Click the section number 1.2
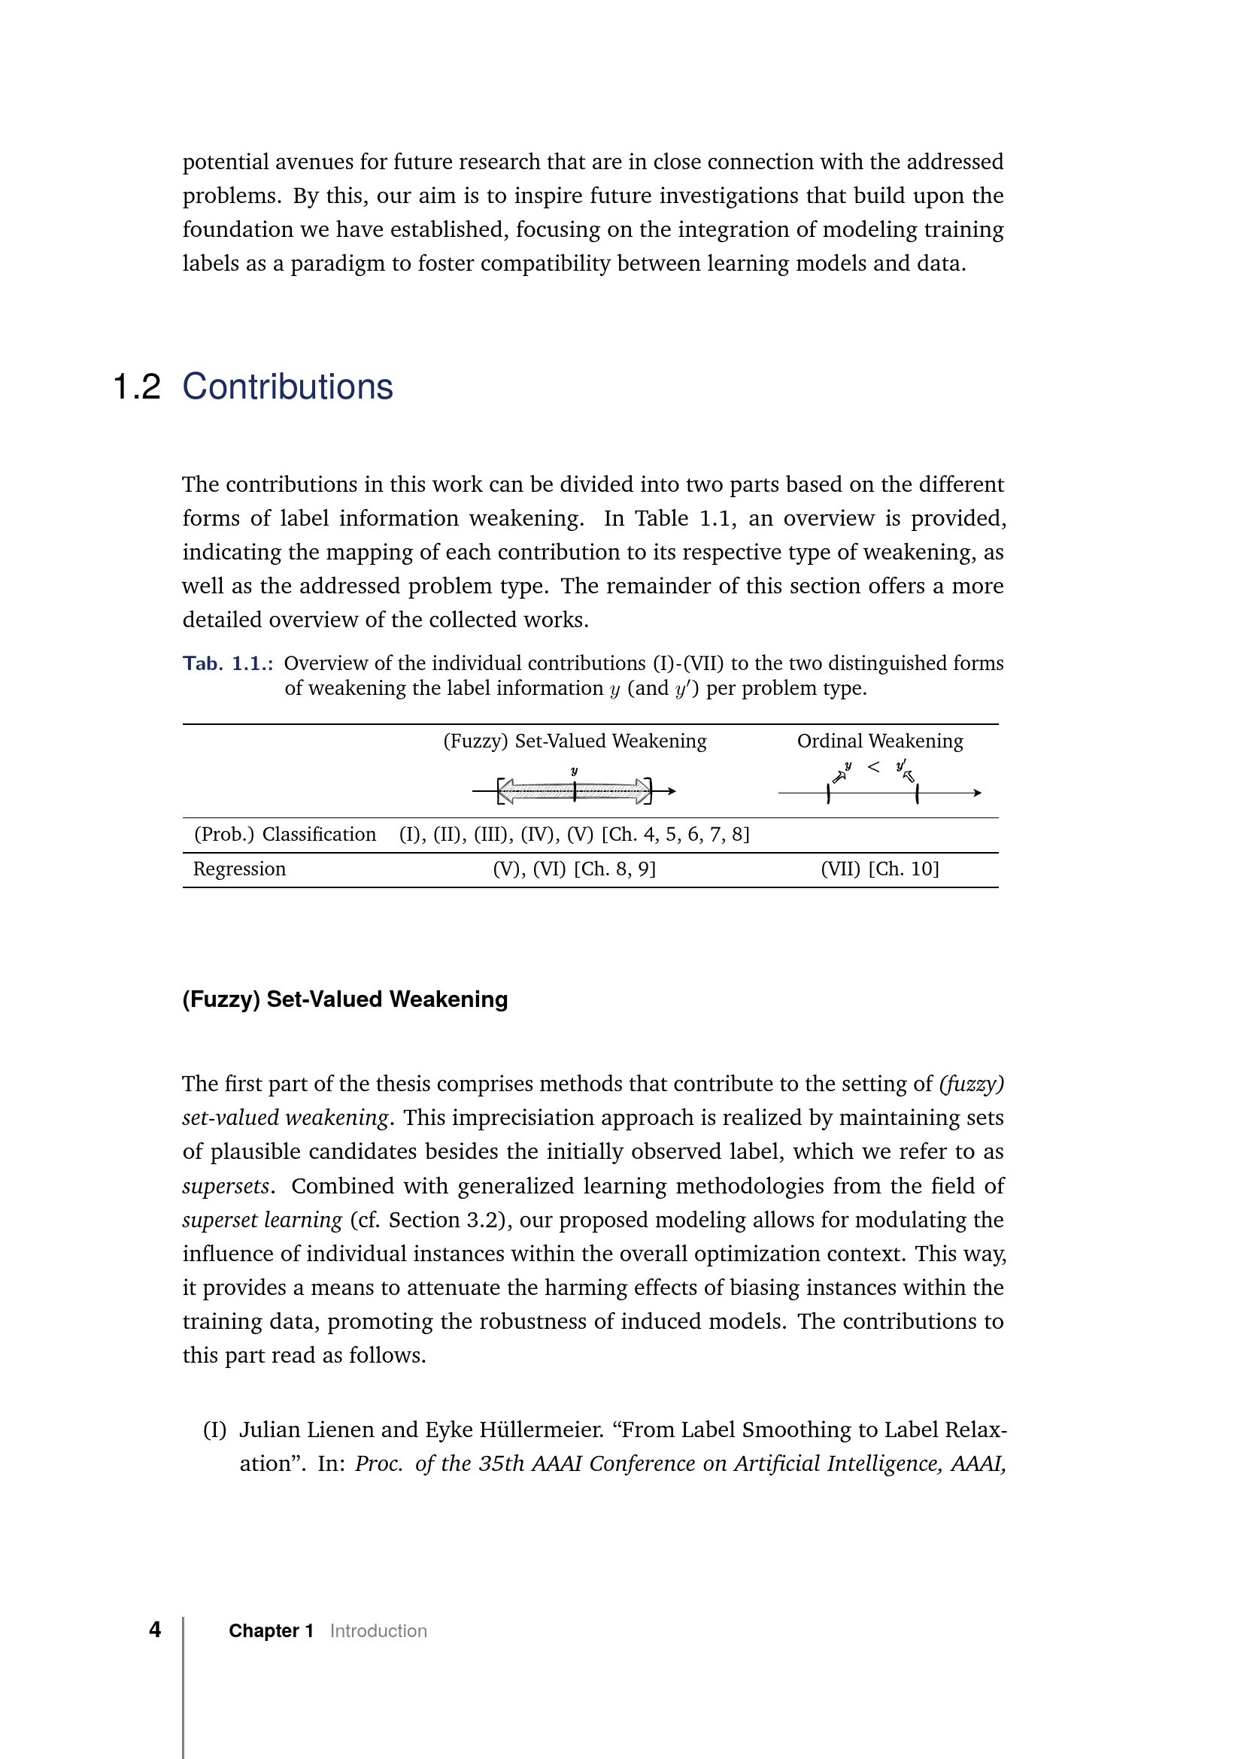(136, 387)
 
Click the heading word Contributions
(287, 387)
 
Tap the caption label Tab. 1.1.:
(227, 663)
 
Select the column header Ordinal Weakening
(879, 741)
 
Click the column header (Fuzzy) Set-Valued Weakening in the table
(575, 741)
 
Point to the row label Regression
(239, 869)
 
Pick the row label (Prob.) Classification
(285, 834)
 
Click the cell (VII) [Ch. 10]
(879, 869)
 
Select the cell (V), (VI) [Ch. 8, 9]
(575, 869)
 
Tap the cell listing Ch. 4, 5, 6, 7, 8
(575, 834)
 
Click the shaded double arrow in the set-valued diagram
(575, 791)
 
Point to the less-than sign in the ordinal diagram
(873, 767)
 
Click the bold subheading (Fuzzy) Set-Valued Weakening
(344, 999)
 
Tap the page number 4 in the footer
(155, 1630)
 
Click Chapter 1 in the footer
(272, 1631)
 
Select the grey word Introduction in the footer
(378, 1631)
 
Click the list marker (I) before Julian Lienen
(214, 1430)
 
